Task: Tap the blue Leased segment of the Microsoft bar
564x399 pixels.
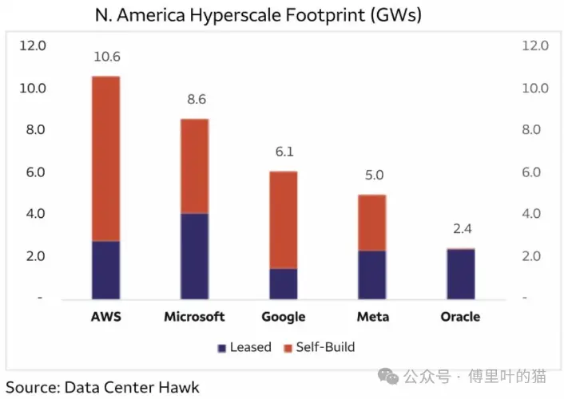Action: coord(194,255)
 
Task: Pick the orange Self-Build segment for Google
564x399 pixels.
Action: coord(283,219)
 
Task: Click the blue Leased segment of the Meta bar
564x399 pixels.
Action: coord(372,274)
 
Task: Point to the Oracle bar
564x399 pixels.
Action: coord(460,274)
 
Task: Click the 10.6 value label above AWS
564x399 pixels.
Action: coord(105,57)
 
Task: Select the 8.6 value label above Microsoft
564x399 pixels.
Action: coord(194,100)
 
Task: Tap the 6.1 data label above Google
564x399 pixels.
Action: coord(283,152)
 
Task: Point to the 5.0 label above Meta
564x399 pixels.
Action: coord(372,175)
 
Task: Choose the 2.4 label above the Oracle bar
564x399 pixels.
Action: coord(460,230)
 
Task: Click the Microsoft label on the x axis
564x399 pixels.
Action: coord(194,317)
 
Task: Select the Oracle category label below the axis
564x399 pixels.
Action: coord(460,317)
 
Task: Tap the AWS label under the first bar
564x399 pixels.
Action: coord(105,317)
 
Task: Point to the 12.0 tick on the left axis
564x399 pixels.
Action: coord(33,45)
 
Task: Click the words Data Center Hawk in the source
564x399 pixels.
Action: coord(132,387)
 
